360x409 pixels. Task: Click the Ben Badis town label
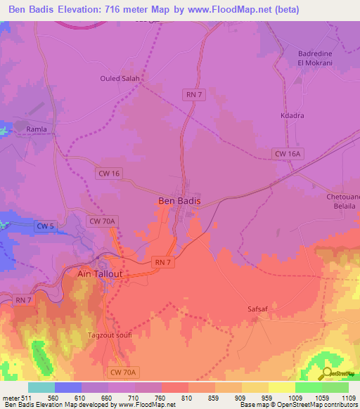coord(179,201)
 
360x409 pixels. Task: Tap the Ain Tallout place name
coord(99,274)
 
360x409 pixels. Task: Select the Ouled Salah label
coord(120,79)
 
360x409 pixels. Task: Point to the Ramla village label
coord(37,129)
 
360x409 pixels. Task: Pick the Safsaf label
coord(259,308)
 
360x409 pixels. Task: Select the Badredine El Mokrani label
coord(301,56)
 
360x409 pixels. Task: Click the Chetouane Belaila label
coord(343,202)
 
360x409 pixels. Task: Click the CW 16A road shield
coord(287,153)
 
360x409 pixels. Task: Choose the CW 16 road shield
coord(109,172)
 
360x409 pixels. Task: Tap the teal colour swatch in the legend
coord(41,387)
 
